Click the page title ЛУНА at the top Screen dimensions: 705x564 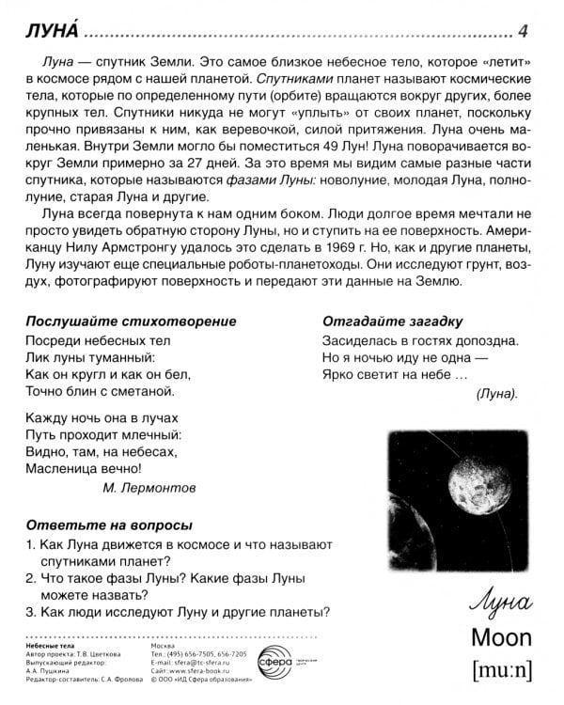(50, 31)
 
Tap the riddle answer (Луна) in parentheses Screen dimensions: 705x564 (496, 394)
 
